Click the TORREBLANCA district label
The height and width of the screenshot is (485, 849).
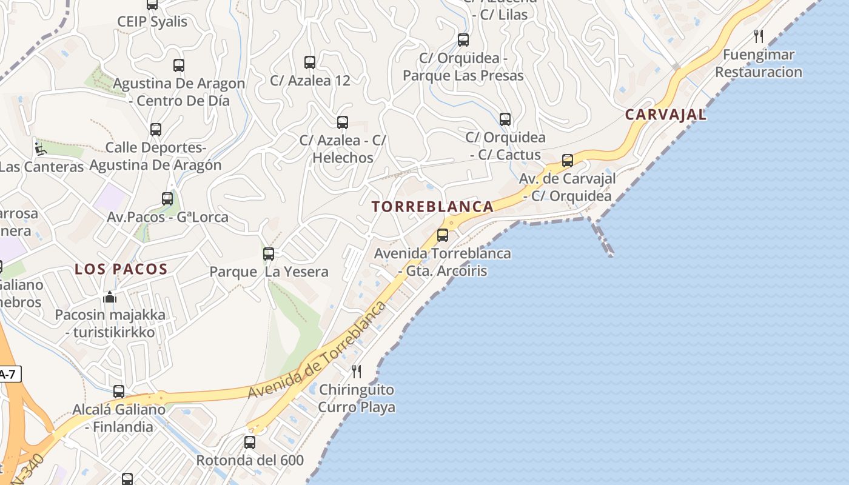coord(432,207)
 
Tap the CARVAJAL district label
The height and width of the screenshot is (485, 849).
coord(665,115)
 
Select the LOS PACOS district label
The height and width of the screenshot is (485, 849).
coord(121,269)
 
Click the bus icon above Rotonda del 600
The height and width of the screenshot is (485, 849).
coord(250,443)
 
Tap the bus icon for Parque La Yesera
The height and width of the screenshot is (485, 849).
coord(269,254)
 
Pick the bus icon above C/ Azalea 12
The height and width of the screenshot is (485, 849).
coord(310,62)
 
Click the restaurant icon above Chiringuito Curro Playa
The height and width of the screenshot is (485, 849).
coord(357,371)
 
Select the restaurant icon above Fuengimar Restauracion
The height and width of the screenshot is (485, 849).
coord(759,36)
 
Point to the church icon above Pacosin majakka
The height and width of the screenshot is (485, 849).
coord(110,297)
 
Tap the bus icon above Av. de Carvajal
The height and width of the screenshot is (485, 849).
coord(568,161)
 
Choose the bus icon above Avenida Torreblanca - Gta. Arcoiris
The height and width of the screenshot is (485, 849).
coord(443,235)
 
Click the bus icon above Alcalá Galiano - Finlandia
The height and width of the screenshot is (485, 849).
coord(119,392)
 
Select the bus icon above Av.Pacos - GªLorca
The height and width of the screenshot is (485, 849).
coord(167,199)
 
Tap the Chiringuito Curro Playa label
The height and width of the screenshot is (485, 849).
coord(357,398)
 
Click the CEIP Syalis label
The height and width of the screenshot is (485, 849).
coord(152,22)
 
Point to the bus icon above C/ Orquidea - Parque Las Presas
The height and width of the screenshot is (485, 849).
coord(463,41)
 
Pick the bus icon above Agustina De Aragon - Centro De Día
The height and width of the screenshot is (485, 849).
coord(179,65)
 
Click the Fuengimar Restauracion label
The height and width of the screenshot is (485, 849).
coord(759,64)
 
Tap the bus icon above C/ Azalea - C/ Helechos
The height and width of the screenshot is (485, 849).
coord(343,122)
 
